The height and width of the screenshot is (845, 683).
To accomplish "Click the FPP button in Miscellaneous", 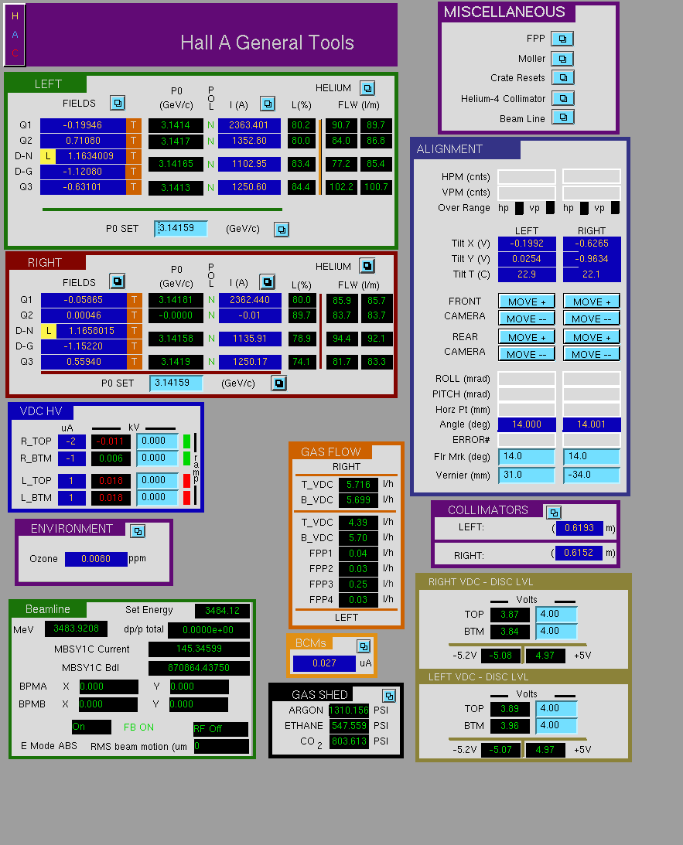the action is pos(562,39).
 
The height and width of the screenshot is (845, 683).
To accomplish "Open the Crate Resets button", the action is pos(562,77).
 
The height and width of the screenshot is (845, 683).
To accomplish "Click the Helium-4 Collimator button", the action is pos(562,98).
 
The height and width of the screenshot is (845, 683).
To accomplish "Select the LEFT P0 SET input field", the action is pos(180,229).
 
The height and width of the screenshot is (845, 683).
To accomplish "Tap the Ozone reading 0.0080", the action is pos(96,559).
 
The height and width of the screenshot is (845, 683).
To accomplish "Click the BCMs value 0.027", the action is pos(324,663).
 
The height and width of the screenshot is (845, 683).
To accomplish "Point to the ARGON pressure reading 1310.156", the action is pos(349,710).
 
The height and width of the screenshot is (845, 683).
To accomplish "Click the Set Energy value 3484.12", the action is pos(222,611).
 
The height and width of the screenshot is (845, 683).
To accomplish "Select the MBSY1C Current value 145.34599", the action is pos(199,649).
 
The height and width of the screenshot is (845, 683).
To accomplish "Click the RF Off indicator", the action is pos(220,729).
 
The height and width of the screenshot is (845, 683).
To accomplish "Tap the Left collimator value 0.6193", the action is pos(579,528).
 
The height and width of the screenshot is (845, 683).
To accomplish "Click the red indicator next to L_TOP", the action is pos(186,480).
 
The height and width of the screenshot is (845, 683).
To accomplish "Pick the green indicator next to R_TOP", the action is pos(186,441).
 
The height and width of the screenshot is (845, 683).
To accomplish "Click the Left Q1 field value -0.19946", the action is pos(83,125).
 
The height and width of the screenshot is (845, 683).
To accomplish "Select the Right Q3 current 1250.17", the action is pos(250,362).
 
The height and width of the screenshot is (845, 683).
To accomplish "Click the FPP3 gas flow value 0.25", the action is pos(358,584).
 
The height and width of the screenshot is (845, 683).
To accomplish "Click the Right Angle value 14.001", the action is pos(592,424).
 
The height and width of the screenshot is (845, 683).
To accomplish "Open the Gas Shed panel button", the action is pos(388,695).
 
